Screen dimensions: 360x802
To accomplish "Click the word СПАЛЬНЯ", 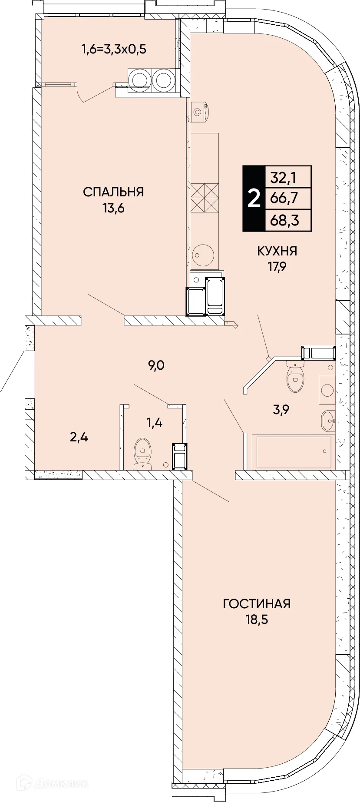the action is pos(113,192).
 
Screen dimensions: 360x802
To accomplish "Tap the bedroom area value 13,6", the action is pos(113,209).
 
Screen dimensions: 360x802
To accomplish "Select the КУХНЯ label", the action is pos(277,251).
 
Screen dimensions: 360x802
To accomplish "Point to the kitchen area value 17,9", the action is pos(277,267).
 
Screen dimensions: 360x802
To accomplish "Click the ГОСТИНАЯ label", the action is pos(257,604).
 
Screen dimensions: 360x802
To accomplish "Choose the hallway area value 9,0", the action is pos(156,366).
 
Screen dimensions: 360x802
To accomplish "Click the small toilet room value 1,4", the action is pos(154,422).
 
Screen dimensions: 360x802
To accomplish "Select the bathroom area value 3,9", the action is pos(281,409).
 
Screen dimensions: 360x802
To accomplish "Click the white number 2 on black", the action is pos(254,199).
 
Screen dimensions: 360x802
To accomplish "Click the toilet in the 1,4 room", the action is pos(142,454).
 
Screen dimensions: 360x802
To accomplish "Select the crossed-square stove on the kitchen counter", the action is pos(204,198).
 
